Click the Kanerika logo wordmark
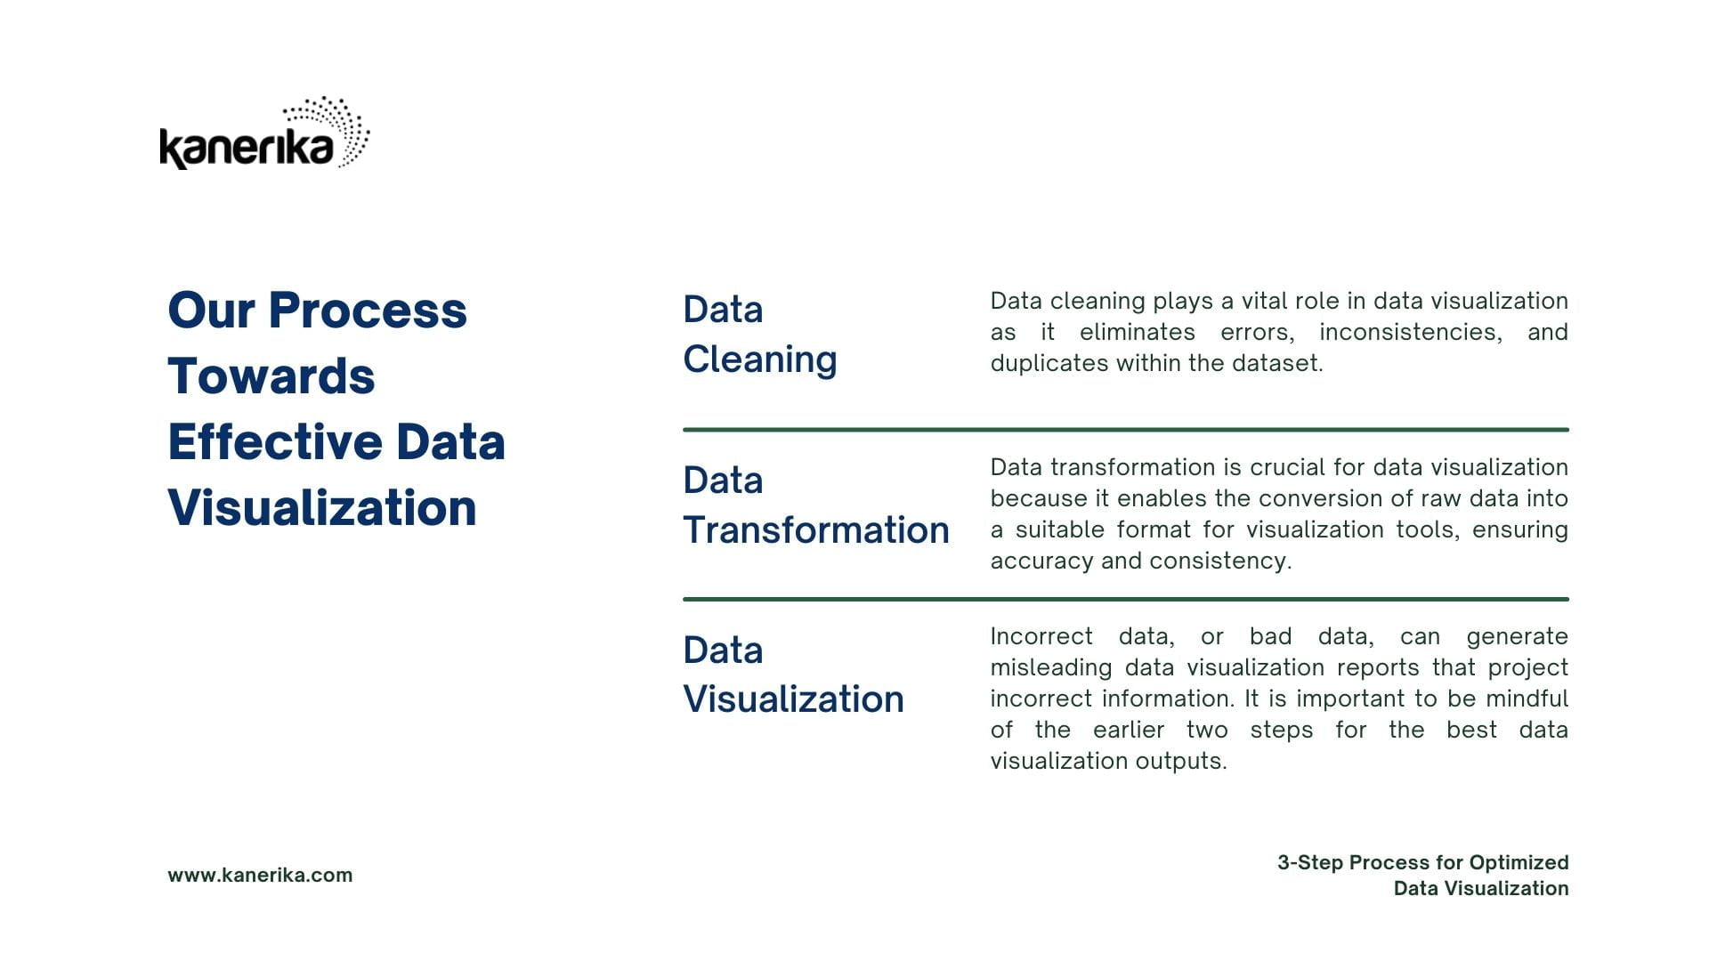(247, 149)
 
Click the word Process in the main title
(368, 311)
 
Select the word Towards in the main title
(271, 376)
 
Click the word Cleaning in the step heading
(760, 360)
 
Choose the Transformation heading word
(816, 530)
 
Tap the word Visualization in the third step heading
(794, 699)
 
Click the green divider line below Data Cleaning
(1126, 430)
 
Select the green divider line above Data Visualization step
(1126, 600)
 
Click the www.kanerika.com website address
(260, 876)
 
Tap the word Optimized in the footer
(1519, 863)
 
